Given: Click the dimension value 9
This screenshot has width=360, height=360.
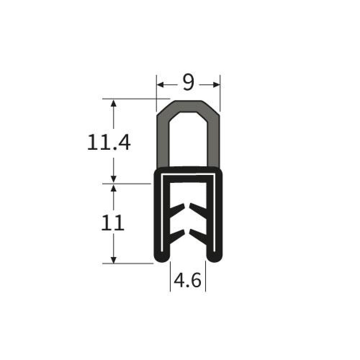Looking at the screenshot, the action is point(188,82).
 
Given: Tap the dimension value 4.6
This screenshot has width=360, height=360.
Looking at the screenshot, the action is point(188,280).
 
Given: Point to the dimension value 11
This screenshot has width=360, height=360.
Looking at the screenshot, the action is point(112,223).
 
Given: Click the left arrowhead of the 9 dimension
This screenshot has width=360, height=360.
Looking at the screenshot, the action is point(160,85).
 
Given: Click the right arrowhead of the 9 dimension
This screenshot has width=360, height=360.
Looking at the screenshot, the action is point(216,85).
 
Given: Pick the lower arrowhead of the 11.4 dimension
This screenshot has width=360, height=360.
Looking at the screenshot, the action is point(113,179).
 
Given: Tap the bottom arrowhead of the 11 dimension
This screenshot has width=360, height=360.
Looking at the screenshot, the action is point(113,260).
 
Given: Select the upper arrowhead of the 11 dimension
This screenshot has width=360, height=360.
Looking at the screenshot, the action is point(113,188).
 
